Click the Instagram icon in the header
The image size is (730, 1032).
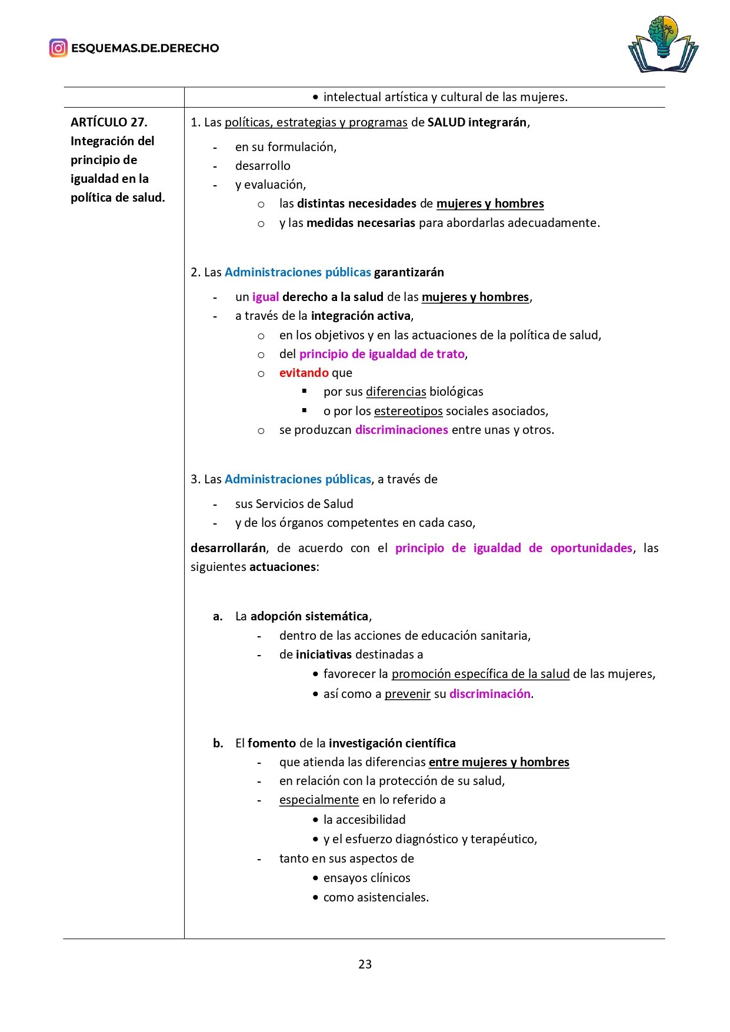click(x=58, y=48)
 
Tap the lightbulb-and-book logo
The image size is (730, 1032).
click(x=663, y=45)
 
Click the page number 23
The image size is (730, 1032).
click(x=365, y=964)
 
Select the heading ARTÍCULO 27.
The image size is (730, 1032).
click(x=109, y=122)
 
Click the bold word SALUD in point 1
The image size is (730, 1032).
click(x=446, y=122)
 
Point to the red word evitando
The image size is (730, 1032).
click(x=304, y=373)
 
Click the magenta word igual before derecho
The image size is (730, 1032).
click(x=265, y=297)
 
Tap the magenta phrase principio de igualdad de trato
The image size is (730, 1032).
click(x=382, y=354)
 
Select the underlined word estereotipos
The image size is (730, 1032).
click(x=408, y=411)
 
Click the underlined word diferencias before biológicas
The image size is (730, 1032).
click(x=396, y=392)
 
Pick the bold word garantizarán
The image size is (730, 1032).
click(x=409, y=272)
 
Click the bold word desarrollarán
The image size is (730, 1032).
click(x=228, y=548)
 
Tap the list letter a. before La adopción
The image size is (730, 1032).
click(x=218, y=616)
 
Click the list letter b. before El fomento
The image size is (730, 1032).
click(x=218, y=743)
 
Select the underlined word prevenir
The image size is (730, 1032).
click(x=408, y=694)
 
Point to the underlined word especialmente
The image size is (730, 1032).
click(x=319, y=800)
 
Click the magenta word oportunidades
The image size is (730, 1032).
click(x=591, y=548)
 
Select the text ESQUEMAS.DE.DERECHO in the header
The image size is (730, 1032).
click(x=145, y=48)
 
